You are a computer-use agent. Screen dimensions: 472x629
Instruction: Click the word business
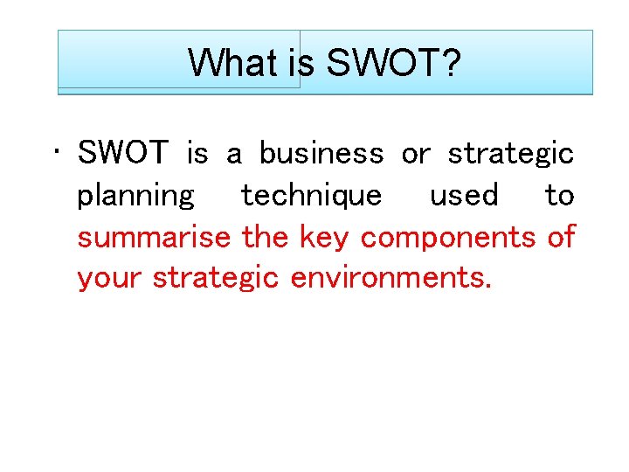tap(321, 154)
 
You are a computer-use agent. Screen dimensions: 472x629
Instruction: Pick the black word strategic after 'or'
tap(510, 155)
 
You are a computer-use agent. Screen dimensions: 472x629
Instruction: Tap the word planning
tap(136, 196)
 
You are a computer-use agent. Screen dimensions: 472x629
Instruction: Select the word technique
tap(311, 196)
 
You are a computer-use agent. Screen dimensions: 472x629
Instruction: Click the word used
tap(463, 195)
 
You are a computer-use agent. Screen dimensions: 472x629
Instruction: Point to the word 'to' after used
tap(559, 195)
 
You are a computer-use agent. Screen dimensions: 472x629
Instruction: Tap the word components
tap(449, 237)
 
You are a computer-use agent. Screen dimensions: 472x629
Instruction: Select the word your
tap(110, 278)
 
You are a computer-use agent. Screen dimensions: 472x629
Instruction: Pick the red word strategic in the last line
tap(216, 278)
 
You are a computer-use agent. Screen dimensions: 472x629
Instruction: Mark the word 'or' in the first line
tap(415, 155)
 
